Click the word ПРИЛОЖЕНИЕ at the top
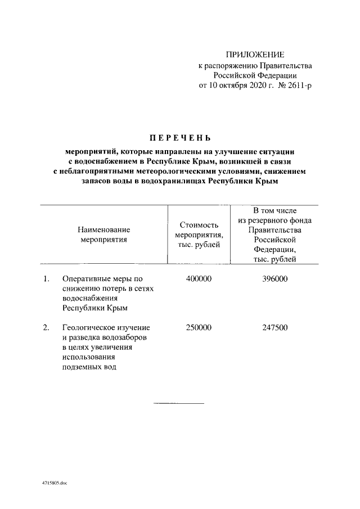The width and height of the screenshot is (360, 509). tap(255, 55)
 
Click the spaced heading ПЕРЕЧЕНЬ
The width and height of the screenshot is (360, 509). tap(179, 138)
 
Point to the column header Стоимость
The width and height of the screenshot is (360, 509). tap(199, 225)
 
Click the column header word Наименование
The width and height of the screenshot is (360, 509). tap(103, 229)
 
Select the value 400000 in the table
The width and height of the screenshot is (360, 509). tap(198, 278)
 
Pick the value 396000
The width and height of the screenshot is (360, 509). tap(274, 278)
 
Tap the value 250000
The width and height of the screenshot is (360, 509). tap(198, 327)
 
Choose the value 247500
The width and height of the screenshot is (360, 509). tap(274, 327)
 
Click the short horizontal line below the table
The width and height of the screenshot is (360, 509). tap(179, 403)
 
